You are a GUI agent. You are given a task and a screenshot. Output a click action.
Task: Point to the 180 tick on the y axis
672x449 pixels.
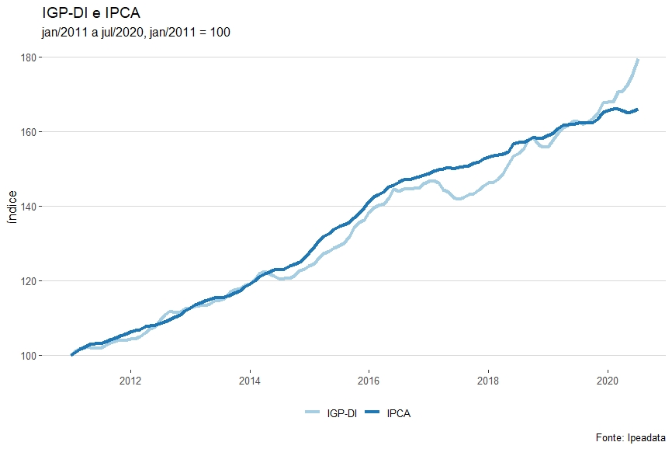[29, 57]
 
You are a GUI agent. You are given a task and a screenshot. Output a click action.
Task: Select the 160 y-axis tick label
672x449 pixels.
[29, 132]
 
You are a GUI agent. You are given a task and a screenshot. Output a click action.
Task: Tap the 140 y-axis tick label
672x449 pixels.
[29, 207]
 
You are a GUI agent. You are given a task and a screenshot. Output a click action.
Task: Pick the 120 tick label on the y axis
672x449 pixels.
[29, 281]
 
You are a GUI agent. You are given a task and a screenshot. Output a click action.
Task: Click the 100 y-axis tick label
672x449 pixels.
[29, 356]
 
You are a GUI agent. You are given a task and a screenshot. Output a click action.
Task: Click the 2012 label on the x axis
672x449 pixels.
[130, 381]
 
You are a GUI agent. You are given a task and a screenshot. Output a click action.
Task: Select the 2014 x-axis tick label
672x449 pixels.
[250, 381]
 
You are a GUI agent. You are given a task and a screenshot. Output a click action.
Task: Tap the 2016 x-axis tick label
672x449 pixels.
[369, 381]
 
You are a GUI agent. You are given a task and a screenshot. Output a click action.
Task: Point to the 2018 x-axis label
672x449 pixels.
[488, 381]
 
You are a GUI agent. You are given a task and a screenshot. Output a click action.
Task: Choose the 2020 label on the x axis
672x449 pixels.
[607, 381]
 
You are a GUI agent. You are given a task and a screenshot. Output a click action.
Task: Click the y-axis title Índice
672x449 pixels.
[12, 207]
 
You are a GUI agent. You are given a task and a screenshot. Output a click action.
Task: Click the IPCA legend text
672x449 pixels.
[398, 413]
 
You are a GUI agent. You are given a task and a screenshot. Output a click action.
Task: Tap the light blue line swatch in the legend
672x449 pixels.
[312, 413]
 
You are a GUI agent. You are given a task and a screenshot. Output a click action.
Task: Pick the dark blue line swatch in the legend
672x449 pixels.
[371, 413]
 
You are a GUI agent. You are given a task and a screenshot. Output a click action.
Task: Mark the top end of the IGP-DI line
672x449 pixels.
[638, 59]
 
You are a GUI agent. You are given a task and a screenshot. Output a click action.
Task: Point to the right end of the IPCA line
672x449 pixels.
[637, 110]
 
